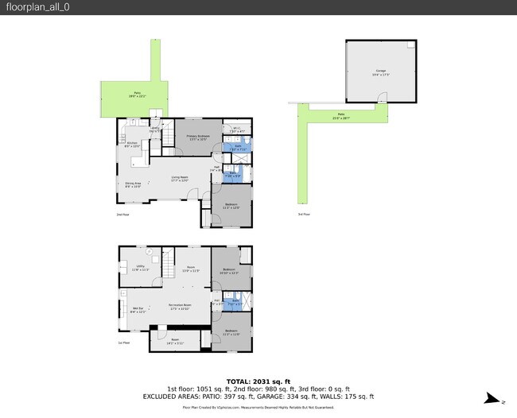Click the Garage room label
tap(380, 72)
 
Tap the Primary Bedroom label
tap(198, 137)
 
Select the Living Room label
tap(179, 179)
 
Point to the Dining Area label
tap(133, 185)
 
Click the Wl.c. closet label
tap(237, 130)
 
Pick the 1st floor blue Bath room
tap(235, 303)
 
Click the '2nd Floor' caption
tap(123, 215)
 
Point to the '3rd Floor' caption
tap(302, 215)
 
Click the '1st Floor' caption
tap(123, 343)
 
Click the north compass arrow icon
tap(493, 399)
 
